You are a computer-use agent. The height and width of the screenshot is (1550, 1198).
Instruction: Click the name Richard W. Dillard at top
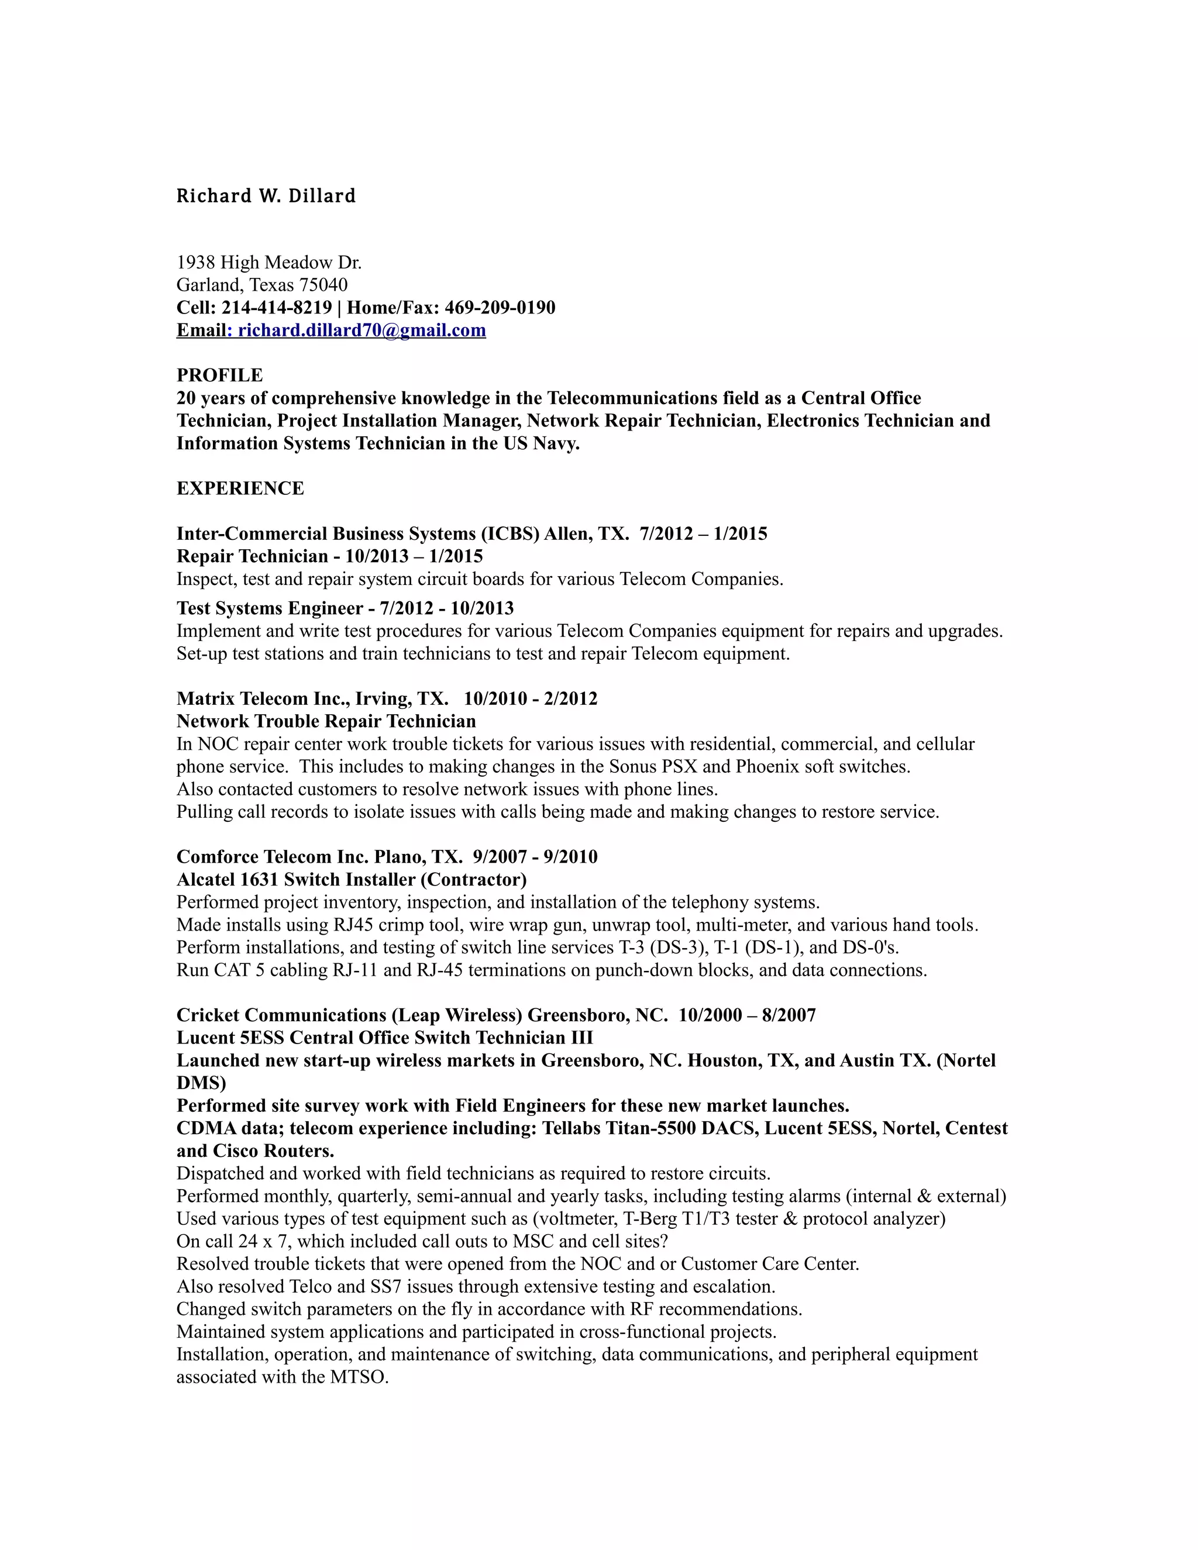(266, 196)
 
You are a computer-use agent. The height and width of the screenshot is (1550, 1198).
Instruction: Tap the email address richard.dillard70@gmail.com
(362, 330)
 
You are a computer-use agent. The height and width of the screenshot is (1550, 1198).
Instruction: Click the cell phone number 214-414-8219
(277, 307)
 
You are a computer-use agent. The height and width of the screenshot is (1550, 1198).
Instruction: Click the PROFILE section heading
(219, 375)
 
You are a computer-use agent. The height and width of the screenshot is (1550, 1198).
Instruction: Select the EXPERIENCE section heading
(240, 488)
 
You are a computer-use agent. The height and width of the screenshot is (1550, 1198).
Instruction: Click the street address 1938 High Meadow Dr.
(269, 263)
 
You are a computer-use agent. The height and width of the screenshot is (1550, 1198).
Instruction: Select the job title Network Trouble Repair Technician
(326, 722)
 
